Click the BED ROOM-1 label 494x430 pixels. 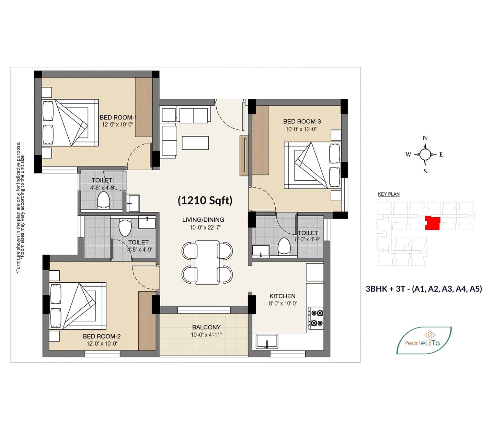(x=118, y=118)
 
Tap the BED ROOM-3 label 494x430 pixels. (x=302, y=121)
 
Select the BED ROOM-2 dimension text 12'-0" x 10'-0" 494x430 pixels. (x=102, y=344)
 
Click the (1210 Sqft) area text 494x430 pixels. (x=205, y=200)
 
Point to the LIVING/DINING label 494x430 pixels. (x=203, y=220)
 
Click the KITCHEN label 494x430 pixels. (x=283, y=296)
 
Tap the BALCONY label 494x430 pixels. (x=206, y=327)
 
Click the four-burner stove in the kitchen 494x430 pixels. (x=316, y=318)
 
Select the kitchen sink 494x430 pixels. (x=267, y=341)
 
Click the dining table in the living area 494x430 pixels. (x=207, y=262)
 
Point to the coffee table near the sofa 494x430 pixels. (x=195, y=143)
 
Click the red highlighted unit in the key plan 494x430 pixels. (x=433, y=223)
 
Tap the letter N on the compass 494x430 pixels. (x=425, y=138)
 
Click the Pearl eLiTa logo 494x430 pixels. (x=424, y=340)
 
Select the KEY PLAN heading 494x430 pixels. (x=389, y=194)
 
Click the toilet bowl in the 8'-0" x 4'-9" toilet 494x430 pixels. (x=284, y=246)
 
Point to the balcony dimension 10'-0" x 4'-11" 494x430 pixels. (x=206, y=335)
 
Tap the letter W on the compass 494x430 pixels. (x=408, y=155)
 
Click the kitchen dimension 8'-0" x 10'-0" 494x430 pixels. (x=283, y=304)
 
